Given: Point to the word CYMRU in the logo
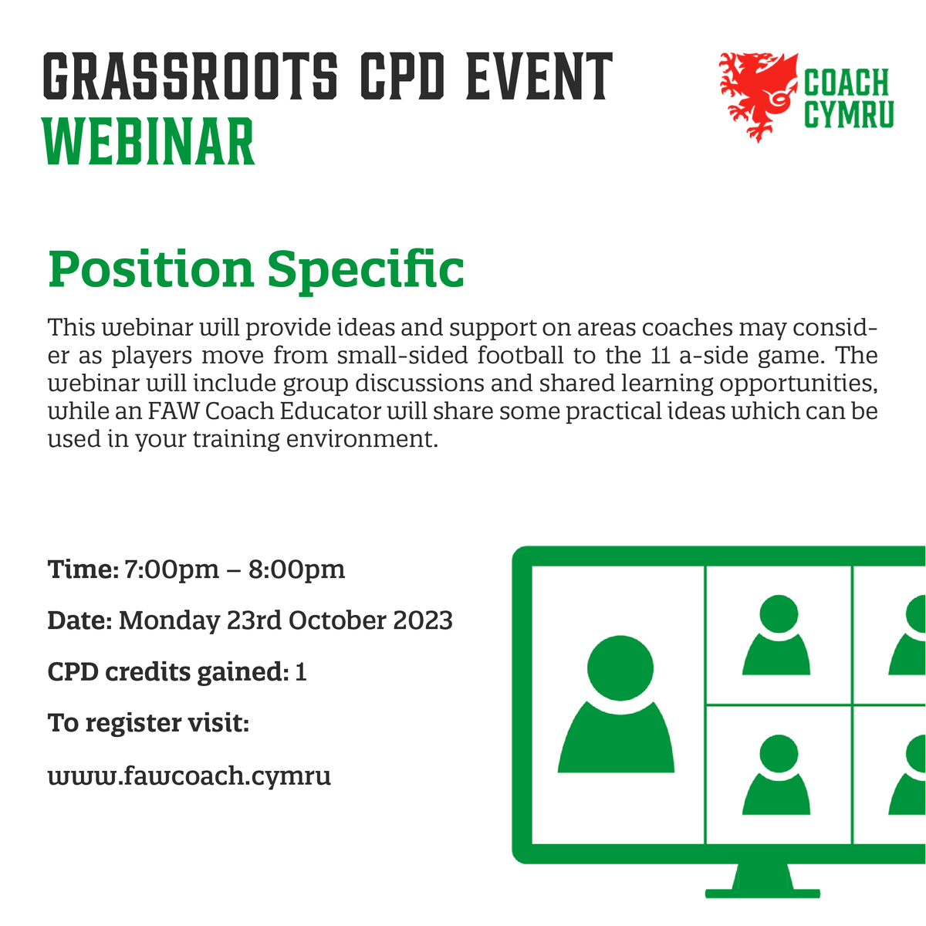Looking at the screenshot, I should (x=849, y=114).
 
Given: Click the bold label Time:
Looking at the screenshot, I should (x=83, y=569).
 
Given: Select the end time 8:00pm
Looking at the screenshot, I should (x=296, y=569).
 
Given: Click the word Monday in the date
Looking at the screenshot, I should (x=169, y=621).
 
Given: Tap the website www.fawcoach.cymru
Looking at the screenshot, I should (x=189, y=775).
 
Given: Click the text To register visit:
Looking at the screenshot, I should (x=148, y=723).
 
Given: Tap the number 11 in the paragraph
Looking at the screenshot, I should (x=653, y=357).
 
